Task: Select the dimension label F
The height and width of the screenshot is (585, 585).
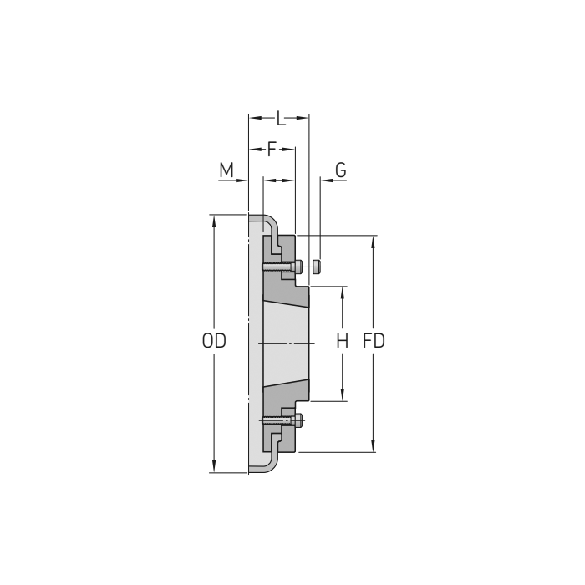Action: point(271,150)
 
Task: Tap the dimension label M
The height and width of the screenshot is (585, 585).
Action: point(226,171)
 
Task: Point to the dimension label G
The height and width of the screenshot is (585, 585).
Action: point(340,170)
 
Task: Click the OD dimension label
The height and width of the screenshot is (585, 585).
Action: point(214,342)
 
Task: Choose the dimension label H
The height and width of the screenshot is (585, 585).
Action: point(342,342)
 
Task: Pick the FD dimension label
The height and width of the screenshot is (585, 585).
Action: point(374,342)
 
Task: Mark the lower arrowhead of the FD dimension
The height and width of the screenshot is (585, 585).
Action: point(374,446)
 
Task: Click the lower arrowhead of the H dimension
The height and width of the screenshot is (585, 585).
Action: point(342,395)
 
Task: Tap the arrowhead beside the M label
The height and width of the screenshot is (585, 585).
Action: point(243,181)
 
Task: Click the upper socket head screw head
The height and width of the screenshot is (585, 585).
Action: point(298,267)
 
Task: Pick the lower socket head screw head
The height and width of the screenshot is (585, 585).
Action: point(298,420)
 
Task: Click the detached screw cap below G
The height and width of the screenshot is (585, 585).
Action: point(317,267)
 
